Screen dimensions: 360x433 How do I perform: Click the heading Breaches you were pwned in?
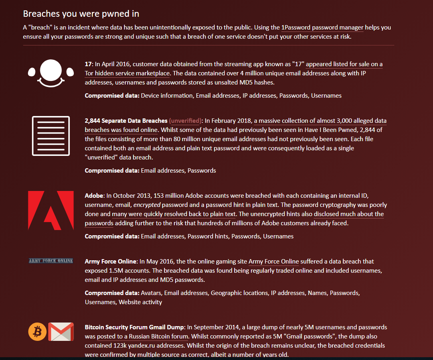click(x=81, y=14)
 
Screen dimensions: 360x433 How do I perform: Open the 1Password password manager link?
click(x=322, y=28)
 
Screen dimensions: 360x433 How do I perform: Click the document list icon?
click(x=51, y=136)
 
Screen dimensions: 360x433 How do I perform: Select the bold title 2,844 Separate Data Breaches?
click(x=126, y=120)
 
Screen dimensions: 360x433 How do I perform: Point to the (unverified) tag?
click(x=185, y=120)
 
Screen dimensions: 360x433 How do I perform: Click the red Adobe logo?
click(x=51, y=210)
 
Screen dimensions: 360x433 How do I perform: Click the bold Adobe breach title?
click(x=94, y=196)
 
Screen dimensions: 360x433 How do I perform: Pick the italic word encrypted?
click(x=147, y=205)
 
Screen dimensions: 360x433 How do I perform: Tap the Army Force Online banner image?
click(x=51, y=261)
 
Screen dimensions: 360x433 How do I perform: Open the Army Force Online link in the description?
click(x=273, y=262)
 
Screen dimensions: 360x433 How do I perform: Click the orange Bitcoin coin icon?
click(x=38, y=332)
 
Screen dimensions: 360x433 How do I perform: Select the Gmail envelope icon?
click(x=61, y=332)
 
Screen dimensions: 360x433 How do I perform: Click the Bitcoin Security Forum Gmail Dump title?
click(x=134, y=327)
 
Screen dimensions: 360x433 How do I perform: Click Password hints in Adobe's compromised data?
click(x=208, y=236)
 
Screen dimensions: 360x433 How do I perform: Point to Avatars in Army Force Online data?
click(x=151, y=293)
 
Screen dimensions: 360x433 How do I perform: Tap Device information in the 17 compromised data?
click(x=167, y=96)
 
